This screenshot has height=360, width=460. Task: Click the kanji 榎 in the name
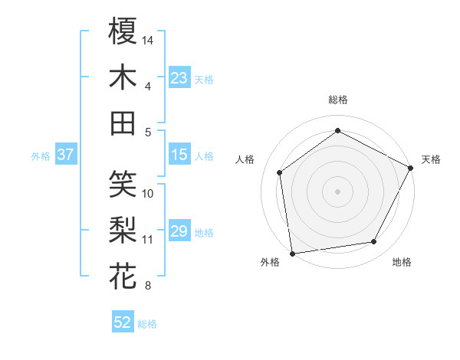pyautogui.click(x=123, y=31)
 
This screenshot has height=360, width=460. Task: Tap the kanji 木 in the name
pyautogui.click(x=123, y=77)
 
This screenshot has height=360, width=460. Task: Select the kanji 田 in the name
pyautogui.click(x=123, y=123)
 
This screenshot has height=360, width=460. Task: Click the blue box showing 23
pyautogui.click(x=179, y=77)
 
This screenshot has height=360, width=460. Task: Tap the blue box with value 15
pyautogui.click(x=179, y=155)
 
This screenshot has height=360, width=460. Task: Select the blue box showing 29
pyautogui.click(x=179, y=231)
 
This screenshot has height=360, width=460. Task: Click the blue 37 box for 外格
pyautogui.click(x=65, y=155)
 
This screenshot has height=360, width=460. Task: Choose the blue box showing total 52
pyautogui.click(x=123, y=322)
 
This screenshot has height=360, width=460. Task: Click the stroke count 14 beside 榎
pyautogui.click(x=148, y=39)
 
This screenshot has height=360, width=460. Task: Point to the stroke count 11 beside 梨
pyautogui.click(x=148, y=240)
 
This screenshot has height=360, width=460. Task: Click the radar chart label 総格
pyautogui.click(x=338, y=100)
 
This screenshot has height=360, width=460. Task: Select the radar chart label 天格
pyautogui.click(x=431, y=159)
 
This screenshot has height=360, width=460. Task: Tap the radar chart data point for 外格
pyautogui.click(x=292, y=253)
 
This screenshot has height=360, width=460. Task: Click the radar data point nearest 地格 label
pyautogui.click(x=374, y=242)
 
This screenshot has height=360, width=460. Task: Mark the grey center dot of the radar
pyautogui.click(x=338, y=191)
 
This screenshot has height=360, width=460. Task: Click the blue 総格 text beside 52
pyautogui.click(x=147, y=323)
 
